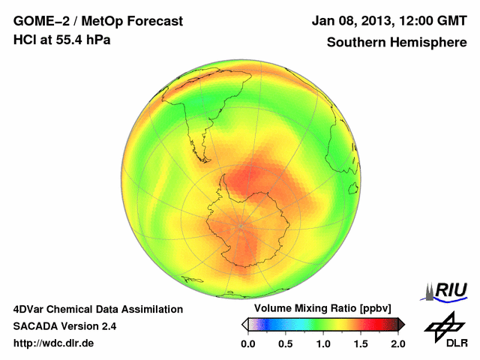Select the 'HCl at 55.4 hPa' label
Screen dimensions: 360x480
pos(62,40)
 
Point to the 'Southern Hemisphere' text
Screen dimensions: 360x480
pos(397,42)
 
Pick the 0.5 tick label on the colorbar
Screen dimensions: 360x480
pos(286,343)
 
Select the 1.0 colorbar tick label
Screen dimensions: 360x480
pos(323,343)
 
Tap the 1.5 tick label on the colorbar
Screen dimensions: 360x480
pos(361,343)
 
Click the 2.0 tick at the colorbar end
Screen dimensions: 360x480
pos(397,343)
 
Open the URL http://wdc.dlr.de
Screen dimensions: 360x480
pos(54,343)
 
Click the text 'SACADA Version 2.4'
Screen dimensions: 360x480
pos(64,326)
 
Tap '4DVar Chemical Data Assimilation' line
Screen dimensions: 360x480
pos(98,309)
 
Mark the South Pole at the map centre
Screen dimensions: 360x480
pos(241,226)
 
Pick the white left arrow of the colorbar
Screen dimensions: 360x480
pos(244,324)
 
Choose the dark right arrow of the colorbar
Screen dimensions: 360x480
pos(401,324)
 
